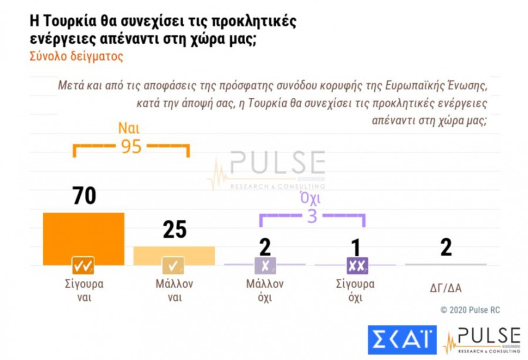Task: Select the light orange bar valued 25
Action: (174, 252)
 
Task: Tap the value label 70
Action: (84, 196)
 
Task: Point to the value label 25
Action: (174, 230)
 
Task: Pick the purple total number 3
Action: (312, 216)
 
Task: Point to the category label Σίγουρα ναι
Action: (84, 290)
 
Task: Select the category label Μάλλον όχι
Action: (265, 290)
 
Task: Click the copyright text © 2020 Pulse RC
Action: (470, 309)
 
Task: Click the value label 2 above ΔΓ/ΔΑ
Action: (446, 247)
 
